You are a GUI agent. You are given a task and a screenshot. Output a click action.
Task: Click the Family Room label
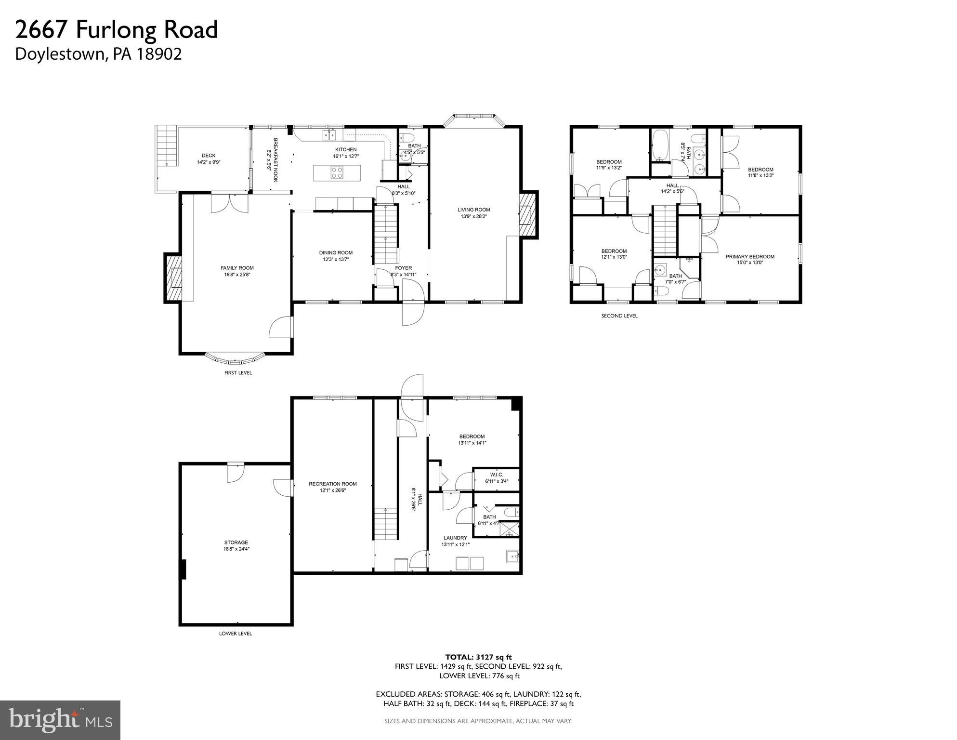tap(237, 268)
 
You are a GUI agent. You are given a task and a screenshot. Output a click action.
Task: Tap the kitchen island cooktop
tap(337, 172)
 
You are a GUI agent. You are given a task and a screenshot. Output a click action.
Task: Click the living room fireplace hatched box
tap(528, 215)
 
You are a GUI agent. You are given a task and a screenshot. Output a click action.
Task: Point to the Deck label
tap(209, 156)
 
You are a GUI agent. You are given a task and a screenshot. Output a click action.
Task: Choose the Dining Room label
tap(336, 253)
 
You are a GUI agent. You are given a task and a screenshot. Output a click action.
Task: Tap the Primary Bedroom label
tap(750, 257)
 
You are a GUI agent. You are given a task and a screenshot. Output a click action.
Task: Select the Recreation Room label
tap(333, 484)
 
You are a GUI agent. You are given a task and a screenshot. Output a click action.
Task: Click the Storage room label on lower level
tap(236, 542)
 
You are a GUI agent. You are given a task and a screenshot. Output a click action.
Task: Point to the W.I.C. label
tap(497, 475)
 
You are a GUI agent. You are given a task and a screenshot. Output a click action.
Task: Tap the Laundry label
tap(455, 538)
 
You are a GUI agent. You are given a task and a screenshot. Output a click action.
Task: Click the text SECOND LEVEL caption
tap(619, 316)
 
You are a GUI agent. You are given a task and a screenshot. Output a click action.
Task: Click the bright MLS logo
tap(60, 720)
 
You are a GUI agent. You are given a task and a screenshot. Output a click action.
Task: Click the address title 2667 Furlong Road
tap(117, 30)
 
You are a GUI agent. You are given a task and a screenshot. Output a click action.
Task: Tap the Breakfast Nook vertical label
tap(273, 160)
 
